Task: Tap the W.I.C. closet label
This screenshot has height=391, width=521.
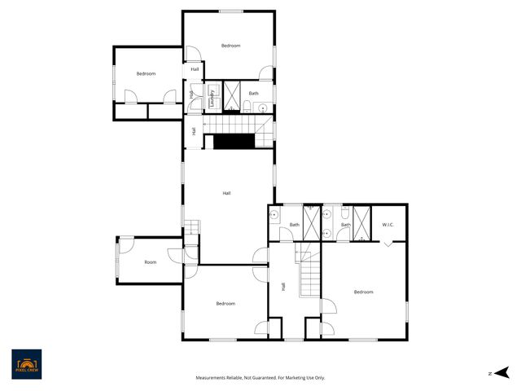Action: (x=388, y=225)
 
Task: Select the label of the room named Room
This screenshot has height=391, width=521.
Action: (x=151, y=262)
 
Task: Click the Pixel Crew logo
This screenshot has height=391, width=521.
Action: (x=27, y=364)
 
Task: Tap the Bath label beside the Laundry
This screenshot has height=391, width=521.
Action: (x=254, y=94)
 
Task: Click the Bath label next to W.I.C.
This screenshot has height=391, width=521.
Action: (x=345, y=225)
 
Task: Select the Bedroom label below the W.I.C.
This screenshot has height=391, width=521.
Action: (x=363, y=292)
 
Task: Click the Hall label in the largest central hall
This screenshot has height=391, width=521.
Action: (x=226, y=193)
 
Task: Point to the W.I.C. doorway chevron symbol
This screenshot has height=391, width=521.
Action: (x=388, y=243)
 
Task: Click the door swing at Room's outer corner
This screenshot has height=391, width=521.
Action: (x=127, y=244)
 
